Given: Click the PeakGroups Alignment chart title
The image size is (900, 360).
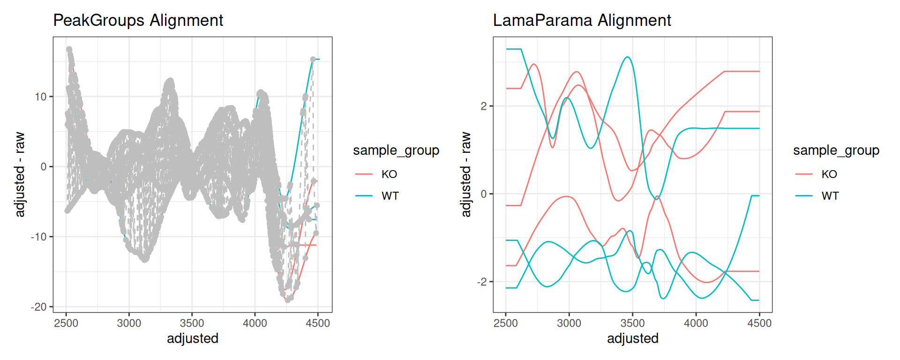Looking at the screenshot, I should (x=138, y=21).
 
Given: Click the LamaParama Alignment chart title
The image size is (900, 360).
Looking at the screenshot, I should (x=582, y=21).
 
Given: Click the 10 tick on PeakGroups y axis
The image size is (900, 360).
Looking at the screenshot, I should (x=41, y=97).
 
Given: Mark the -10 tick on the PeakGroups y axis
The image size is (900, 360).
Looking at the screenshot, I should (x=39, y=237).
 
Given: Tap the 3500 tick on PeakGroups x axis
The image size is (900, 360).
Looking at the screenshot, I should (x=192, y=323).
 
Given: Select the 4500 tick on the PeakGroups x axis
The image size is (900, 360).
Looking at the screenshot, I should (x=318, y=323).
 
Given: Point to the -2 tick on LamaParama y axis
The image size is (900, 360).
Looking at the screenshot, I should (x=482, y=282).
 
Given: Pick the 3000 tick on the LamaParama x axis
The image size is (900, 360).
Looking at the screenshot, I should (x=569, y=323).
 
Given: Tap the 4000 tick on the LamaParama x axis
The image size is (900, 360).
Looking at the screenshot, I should (x=696, y=323).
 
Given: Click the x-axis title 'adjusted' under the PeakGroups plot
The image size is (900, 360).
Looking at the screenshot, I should (x=193, y=338).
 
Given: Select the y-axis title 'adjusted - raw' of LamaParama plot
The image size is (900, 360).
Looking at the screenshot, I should (x=465, y=174).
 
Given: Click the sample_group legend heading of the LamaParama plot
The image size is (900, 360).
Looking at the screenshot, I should (x=836, y=150).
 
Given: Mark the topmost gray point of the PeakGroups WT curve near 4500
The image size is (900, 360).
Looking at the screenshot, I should (x=313, y=60).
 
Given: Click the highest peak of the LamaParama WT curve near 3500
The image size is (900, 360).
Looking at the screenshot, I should (x=627, y=57).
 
